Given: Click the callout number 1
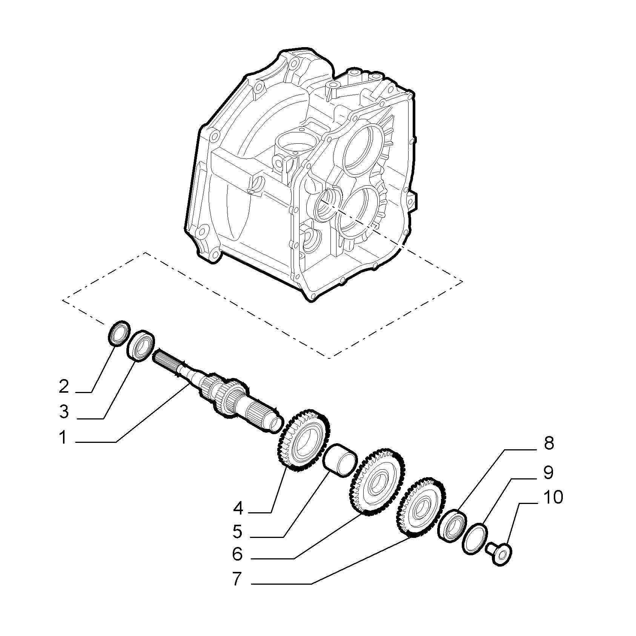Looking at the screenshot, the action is pos(63,438).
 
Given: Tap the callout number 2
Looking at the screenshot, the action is pos(64,387).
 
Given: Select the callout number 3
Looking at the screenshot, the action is pos(64,412).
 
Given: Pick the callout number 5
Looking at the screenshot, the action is pos(237,532).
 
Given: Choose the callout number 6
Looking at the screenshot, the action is pos(237,554).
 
